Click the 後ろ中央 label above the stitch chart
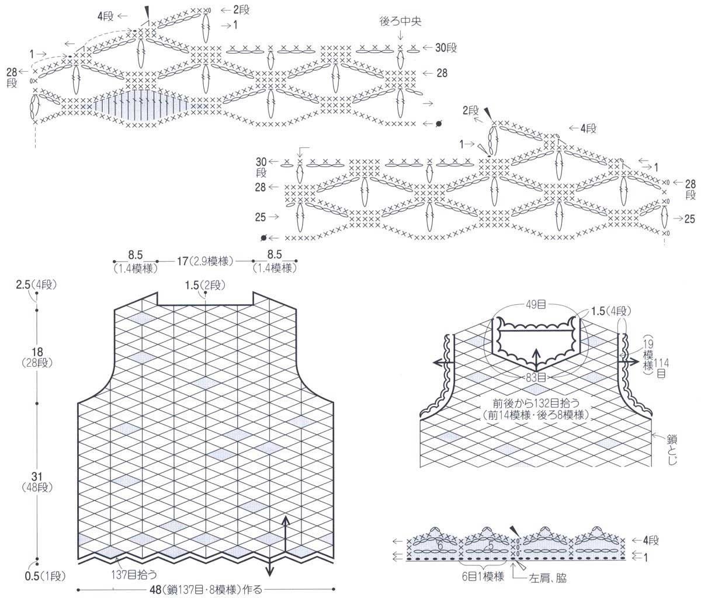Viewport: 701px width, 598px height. [x=400, y=22]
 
